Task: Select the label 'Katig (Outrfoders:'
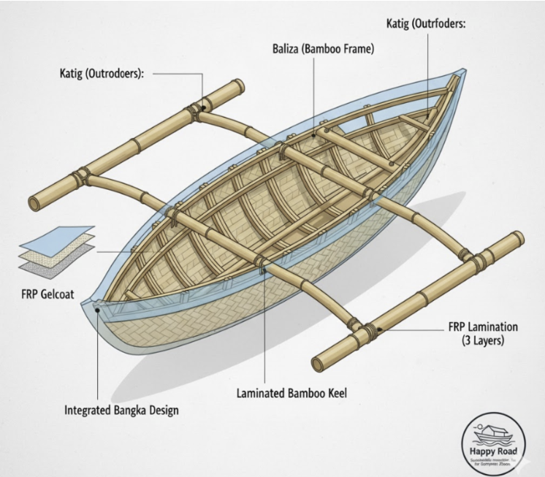point(426,24)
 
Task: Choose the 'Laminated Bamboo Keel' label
point(291,393)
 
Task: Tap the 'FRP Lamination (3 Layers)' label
point(483,334)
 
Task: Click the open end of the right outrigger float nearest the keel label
point(318,362)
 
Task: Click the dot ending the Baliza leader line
point(314,135)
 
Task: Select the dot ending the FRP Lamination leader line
point(381,329)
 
